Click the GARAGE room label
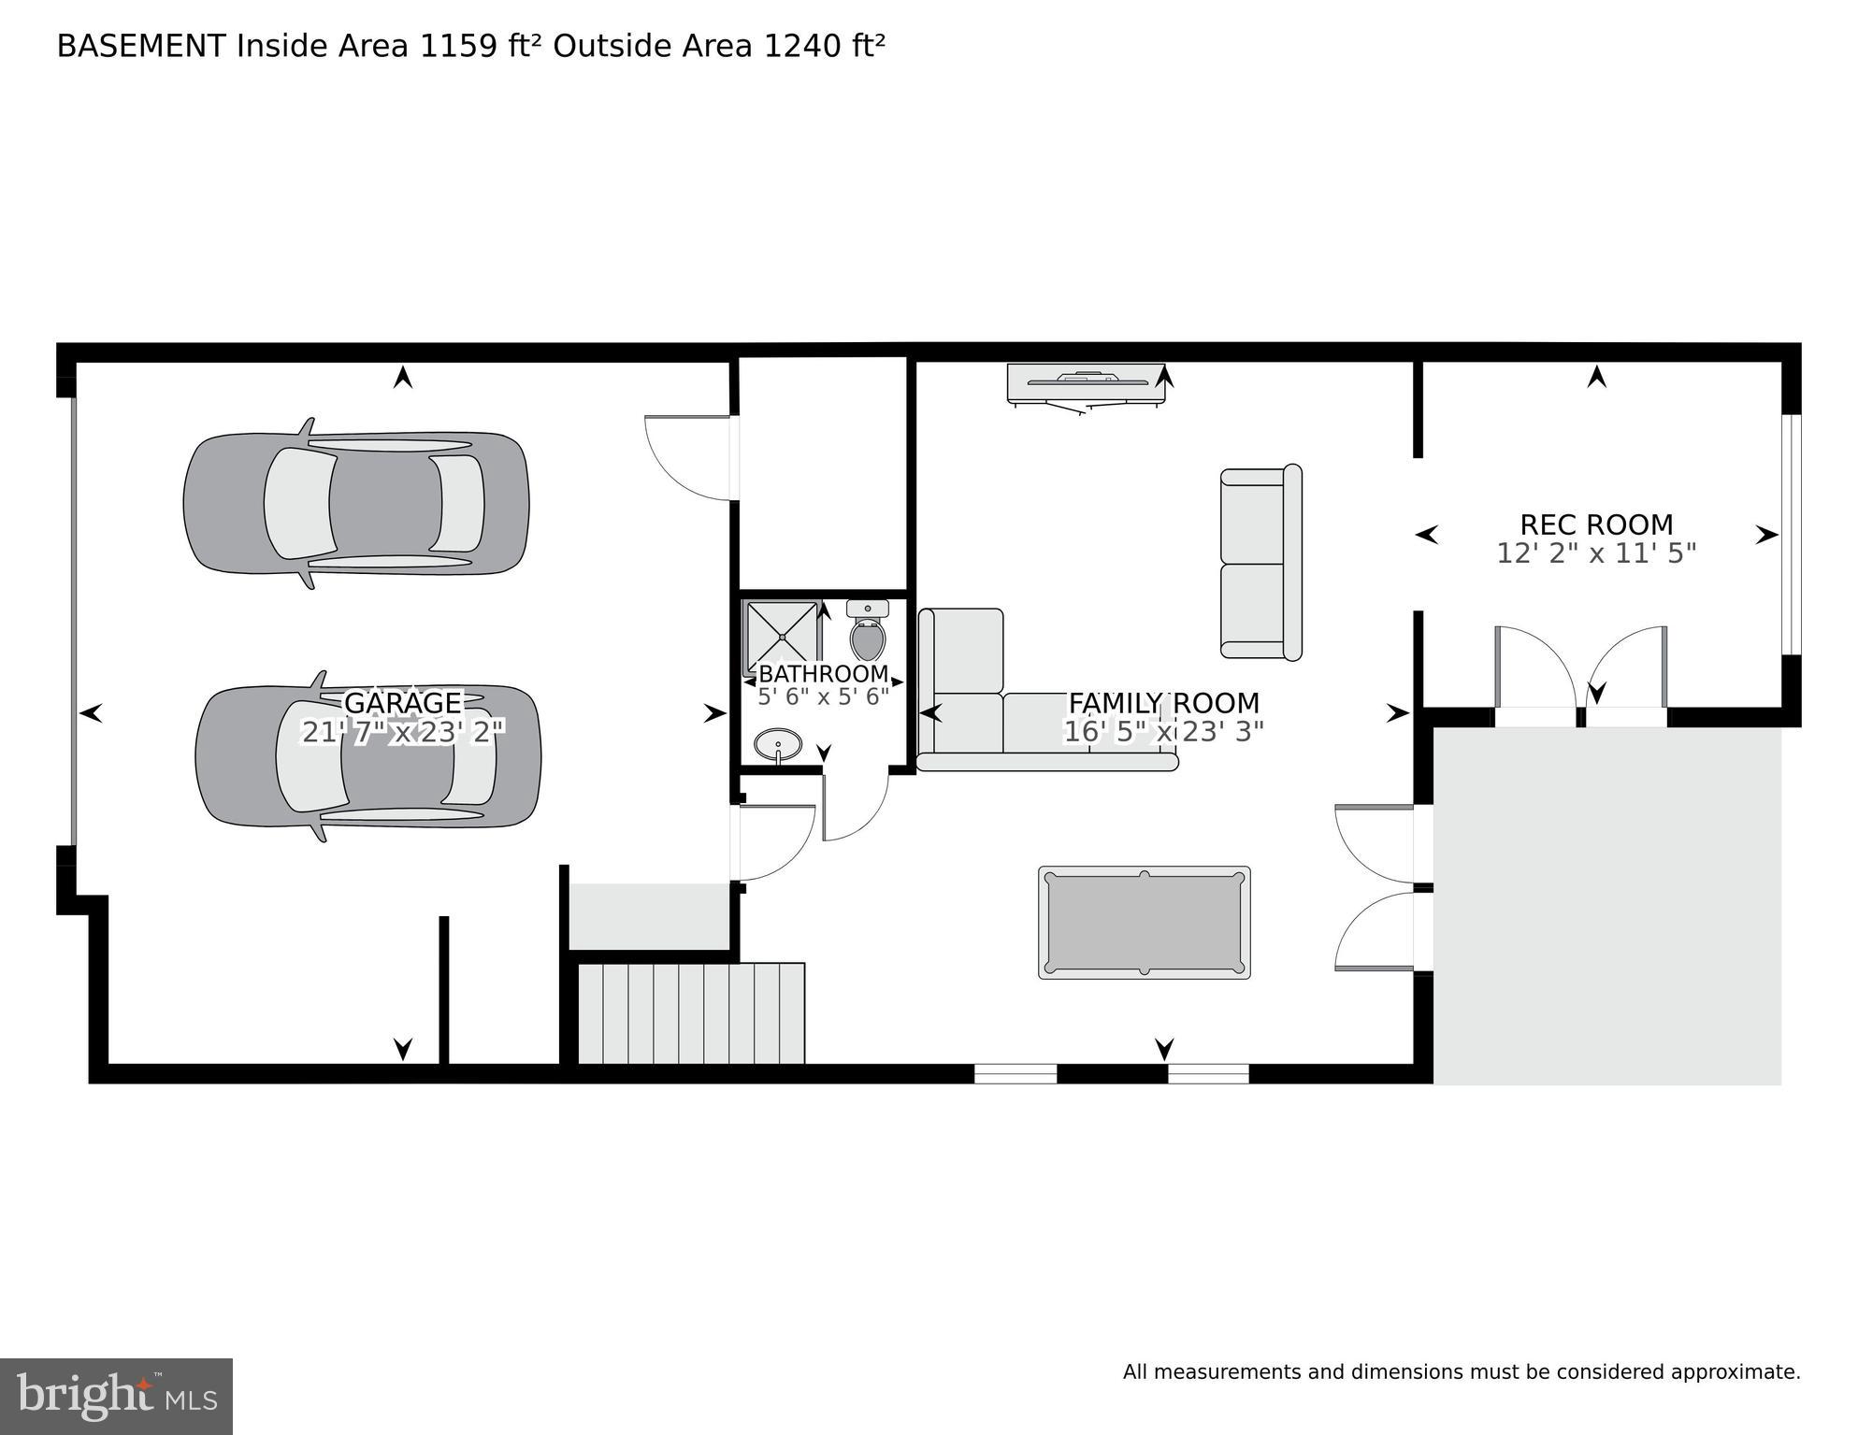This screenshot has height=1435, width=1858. point(403,702)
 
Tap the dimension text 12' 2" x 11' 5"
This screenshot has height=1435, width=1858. point(1596,553)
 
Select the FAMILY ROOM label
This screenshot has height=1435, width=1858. point(1163,702)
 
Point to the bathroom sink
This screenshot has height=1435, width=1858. point(778,745)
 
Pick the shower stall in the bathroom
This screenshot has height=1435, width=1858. point(782,635)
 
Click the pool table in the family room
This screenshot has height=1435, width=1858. point(1144,923)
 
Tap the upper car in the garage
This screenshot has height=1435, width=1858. point(356,503)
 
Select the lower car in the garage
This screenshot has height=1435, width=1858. point(367,756)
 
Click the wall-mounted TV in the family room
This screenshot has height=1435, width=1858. point(1086,383)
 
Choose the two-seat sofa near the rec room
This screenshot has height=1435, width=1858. point(1260,563)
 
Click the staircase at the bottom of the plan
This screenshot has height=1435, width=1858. point(691,1013)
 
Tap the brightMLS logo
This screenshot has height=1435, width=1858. point(116,1396)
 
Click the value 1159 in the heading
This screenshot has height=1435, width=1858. point(458,46)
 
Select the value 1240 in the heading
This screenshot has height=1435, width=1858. point(803,46)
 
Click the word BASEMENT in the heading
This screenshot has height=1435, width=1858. point(141,46)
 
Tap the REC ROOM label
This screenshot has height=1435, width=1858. point(1596,524)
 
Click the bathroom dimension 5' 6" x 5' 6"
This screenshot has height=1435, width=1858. point(823,696)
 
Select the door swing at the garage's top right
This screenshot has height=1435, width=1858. point(689,457)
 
